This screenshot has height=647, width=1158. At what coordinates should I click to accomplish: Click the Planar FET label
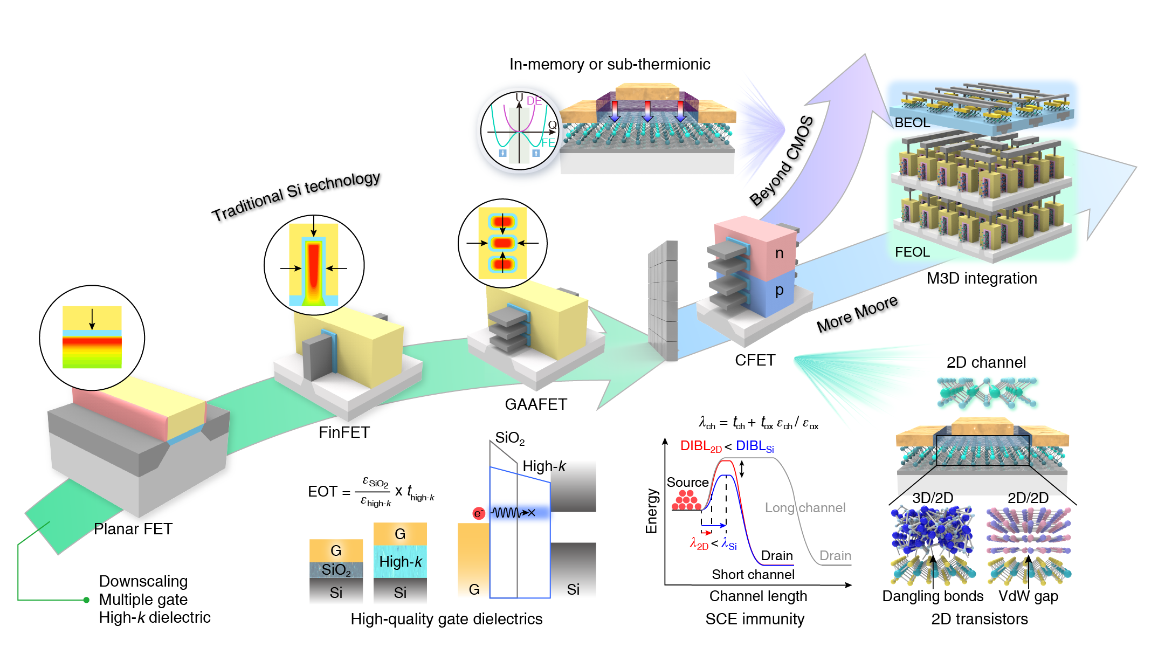(x=133, y=529)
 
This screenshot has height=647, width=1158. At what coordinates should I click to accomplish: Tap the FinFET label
(x=344, y=432)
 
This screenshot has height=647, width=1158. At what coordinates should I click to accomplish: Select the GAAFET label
(x=536, y=404)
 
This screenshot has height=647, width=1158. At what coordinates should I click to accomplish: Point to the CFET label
(x=755, y=360)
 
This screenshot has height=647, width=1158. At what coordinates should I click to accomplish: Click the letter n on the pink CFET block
(x=780, y=253)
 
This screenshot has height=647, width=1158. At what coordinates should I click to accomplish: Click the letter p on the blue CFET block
(x=780, y=291)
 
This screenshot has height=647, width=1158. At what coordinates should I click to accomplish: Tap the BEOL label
(x=912, y=123)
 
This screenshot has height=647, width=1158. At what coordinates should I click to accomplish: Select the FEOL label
(x=912, y=252)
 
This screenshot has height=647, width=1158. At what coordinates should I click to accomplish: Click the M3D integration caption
(x=982, y=278)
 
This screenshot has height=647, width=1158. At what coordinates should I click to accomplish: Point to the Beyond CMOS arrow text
(x=782, y=161)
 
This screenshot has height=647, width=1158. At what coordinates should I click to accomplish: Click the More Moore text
(x=857, y=314)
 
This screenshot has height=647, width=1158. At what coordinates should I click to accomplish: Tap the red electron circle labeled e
(x=478, y=513)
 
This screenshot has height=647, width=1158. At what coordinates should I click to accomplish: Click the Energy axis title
(x=652, y=511)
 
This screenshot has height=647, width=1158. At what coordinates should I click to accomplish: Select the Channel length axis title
(x=758, y=596)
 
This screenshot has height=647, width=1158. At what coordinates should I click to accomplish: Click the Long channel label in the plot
(x=805, y=508)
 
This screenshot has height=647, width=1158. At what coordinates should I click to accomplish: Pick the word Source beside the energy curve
(x=687, y=483)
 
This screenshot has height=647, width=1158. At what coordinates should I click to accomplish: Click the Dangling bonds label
(x=933, y=596)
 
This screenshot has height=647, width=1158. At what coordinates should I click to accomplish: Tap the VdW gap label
(x=1028, y=596)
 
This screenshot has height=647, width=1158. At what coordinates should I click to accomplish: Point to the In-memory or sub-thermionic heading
(x=610, y=65)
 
